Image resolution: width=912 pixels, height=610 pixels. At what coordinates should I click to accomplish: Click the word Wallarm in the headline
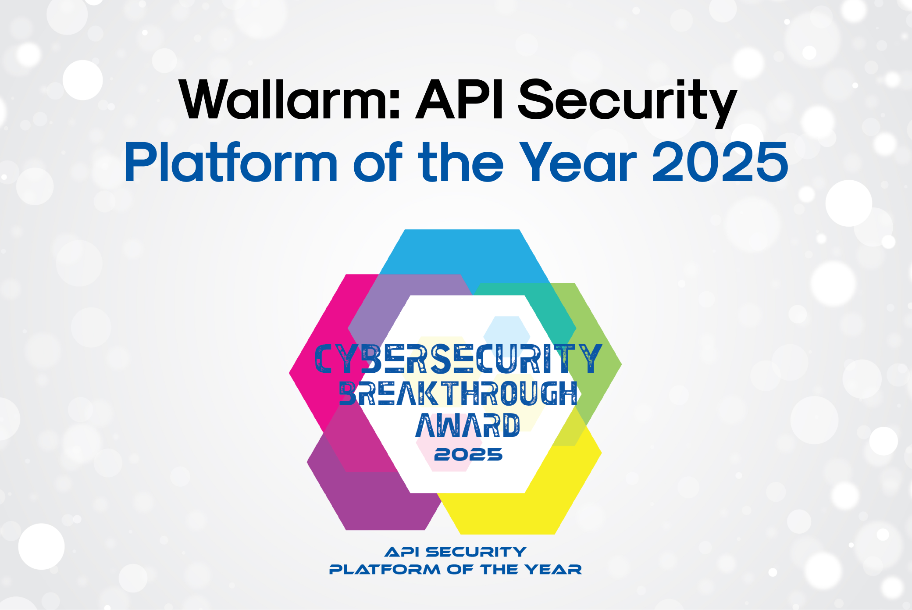point(289,100)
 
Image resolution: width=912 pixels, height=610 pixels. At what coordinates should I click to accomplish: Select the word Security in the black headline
point(627,102)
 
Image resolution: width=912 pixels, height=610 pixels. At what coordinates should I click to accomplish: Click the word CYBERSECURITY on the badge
point(458,359)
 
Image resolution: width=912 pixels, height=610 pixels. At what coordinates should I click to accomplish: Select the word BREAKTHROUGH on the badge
point(458,393)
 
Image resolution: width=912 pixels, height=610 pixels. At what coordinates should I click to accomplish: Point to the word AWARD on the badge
point(467,425)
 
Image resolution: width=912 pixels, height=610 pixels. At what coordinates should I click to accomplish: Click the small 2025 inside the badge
point(468,455)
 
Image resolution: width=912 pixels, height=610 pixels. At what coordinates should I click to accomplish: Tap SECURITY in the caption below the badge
point(476,552)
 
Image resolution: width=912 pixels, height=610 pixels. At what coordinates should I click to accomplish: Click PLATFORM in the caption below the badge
point(385,570)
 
